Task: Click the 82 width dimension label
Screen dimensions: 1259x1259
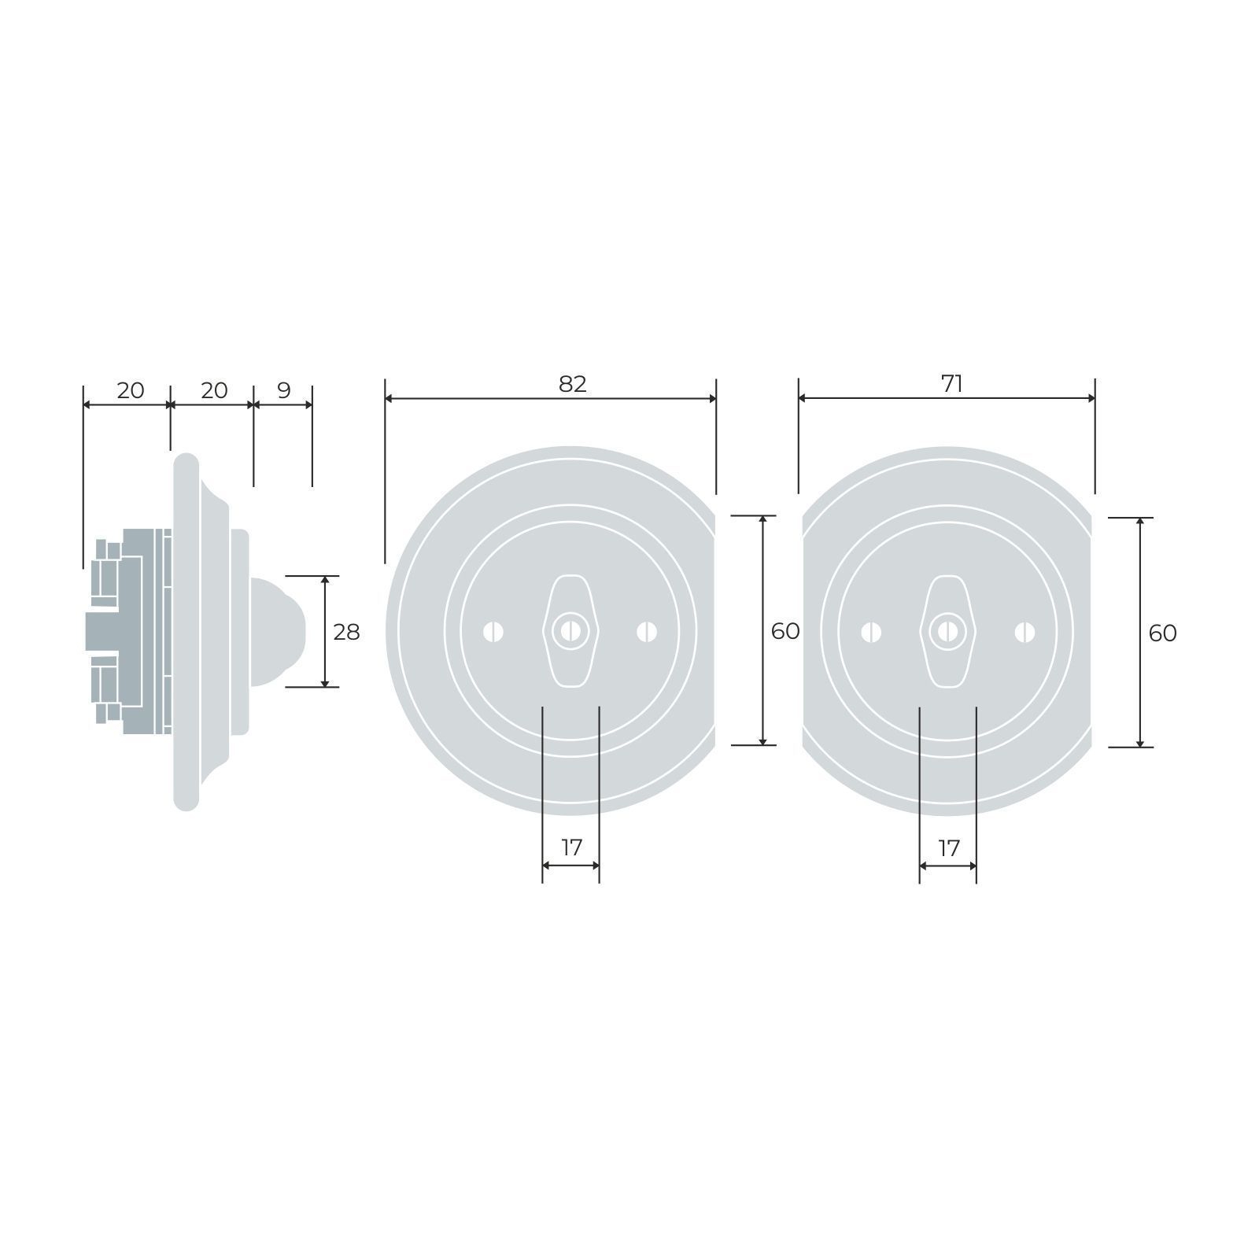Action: [573, 384]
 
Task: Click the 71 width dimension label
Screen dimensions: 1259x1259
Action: [952, 384]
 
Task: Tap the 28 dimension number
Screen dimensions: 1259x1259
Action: [346, 632]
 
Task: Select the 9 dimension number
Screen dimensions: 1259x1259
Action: [284, 390]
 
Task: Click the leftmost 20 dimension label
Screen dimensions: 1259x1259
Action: [131, 390]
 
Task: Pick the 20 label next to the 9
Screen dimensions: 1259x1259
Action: [214, 390]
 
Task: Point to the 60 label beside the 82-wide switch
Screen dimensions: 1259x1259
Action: [785, 631]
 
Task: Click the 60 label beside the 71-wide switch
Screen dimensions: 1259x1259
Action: [1163, 633]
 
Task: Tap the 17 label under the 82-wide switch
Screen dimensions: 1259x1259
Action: [571, 847]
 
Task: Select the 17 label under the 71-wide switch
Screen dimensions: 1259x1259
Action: [949, 847]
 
